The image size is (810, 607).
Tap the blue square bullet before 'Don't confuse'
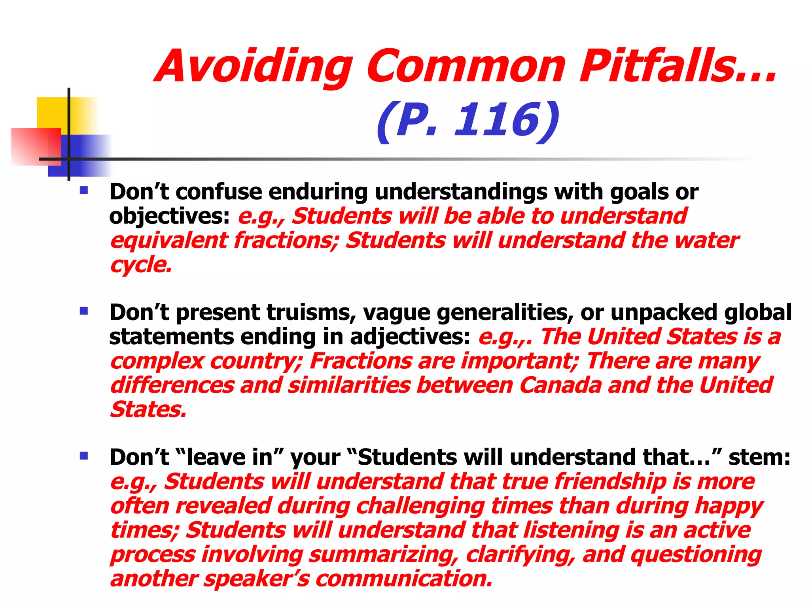point(83,191)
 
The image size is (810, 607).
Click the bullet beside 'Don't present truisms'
point(83,311)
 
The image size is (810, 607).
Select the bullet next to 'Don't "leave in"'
point(83,456)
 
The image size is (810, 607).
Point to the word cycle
point(141,265)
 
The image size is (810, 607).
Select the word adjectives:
point(410,337)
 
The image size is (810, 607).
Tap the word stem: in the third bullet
point(759,458)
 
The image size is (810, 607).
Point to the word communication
point(404,579)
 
